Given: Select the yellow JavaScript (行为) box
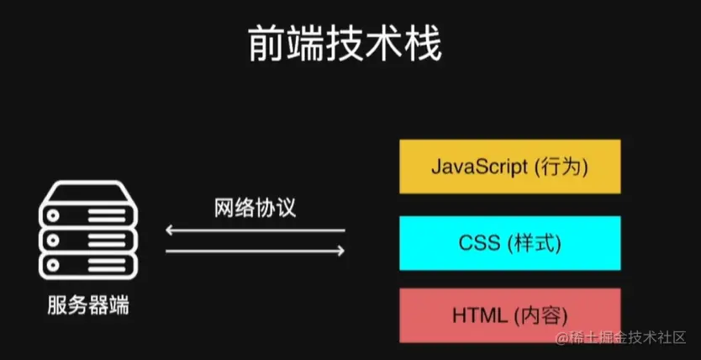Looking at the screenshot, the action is (x=510, y=167).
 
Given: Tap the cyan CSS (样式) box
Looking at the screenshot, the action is (x=510, y=242).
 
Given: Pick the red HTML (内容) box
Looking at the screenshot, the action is (x=510, y=315).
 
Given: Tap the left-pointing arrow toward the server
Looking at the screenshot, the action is (x=254, y=230).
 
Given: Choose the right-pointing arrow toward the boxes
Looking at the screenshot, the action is (x=255, y=251).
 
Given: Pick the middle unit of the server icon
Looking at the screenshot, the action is (x=88, y=238).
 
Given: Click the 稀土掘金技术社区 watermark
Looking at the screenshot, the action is (x=621, y=340).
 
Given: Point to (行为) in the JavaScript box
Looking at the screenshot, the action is (x=561, y=167).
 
